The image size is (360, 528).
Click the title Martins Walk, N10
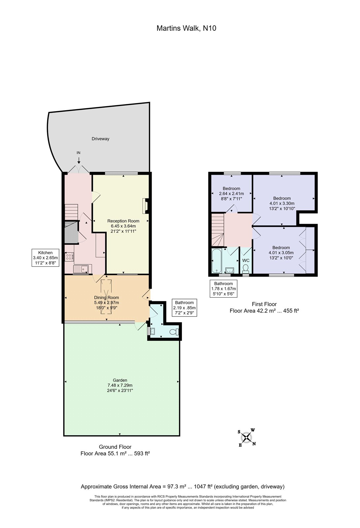[186, 28]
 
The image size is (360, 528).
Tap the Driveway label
[100, 139]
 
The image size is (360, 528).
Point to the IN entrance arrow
[79, 160]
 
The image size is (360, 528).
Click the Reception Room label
[123, 221]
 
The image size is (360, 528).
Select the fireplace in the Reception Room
[146, 206]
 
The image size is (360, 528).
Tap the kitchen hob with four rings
[69, 257]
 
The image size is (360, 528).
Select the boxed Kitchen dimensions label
[45, 258]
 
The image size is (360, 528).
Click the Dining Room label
[106, 297]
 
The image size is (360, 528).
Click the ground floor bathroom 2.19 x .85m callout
[184, 308]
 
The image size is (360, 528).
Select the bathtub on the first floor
[216, 260]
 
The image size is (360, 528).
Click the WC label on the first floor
[246, 260]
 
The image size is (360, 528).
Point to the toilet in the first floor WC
[246, 269]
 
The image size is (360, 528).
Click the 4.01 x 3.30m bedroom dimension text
[282, 203]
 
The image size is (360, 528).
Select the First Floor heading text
[264, 304]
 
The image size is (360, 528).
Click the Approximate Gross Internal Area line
[183, 486]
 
